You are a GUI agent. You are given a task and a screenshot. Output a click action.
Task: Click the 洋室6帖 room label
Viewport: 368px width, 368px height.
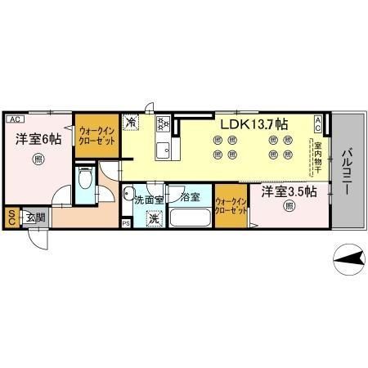[38, 139]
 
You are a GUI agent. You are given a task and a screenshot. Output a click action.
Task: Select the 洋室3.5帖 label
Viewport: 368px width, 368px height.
[289, 192]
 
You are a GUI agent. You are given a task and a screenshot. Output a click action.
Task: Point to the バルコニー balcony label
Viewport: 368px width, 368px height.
[347, 171]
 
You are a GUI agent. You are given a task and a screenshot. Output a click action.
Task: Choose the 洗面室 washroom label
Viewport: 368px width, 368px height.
[150, 199]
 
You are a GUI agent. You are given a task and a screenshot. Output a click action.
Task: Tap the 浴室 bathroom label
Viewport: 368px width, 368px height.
[191, 197]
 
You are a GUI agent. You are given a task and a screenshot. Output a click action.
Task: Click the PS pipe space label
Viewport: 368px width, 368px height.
[125, 222]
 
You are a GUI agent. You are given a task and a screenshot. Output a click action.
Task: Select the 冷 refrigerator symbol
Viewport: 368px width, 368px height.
[131, 123]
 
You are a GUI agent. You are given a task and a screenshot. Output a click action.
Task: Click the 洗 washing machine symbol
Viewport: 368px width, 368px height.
[153, 218]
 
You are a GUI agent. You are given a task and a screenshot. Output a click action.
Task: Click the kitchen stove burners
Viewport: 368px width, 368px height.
[162, 124]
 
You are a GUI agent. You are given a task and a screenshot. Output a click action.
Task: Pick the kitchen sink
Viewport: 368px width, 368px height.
[162, 150]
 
